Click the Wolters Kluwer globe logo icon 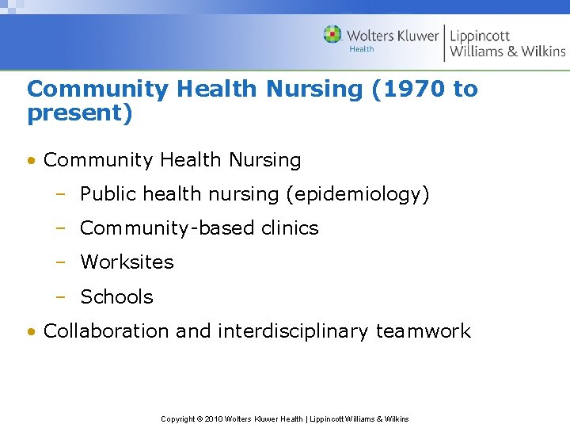pyautogui.click(x=332, y=35)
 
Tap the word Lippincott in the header pyautogui.click(x=480, y=36)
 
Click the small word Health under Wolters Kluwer pyautogui.click(x=362, y=49)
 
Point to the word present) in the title pyautogui.click(x=79, y=113)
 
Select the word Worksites pyautogui.click(x=127, y=262)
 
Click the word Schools pyautogui.click(x=116, y=297)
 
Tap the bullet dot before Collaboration pyautogui.click(x=30, y=332)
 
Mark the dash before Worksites pyautogui.click(x=60, y=262)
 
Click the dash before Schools pyautogui.click(x=60, y=297)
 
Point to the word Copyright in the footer pyautogui.click(x=178, y=418)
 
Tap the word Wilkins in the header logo pyautogui.click(x=543, y=52)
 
